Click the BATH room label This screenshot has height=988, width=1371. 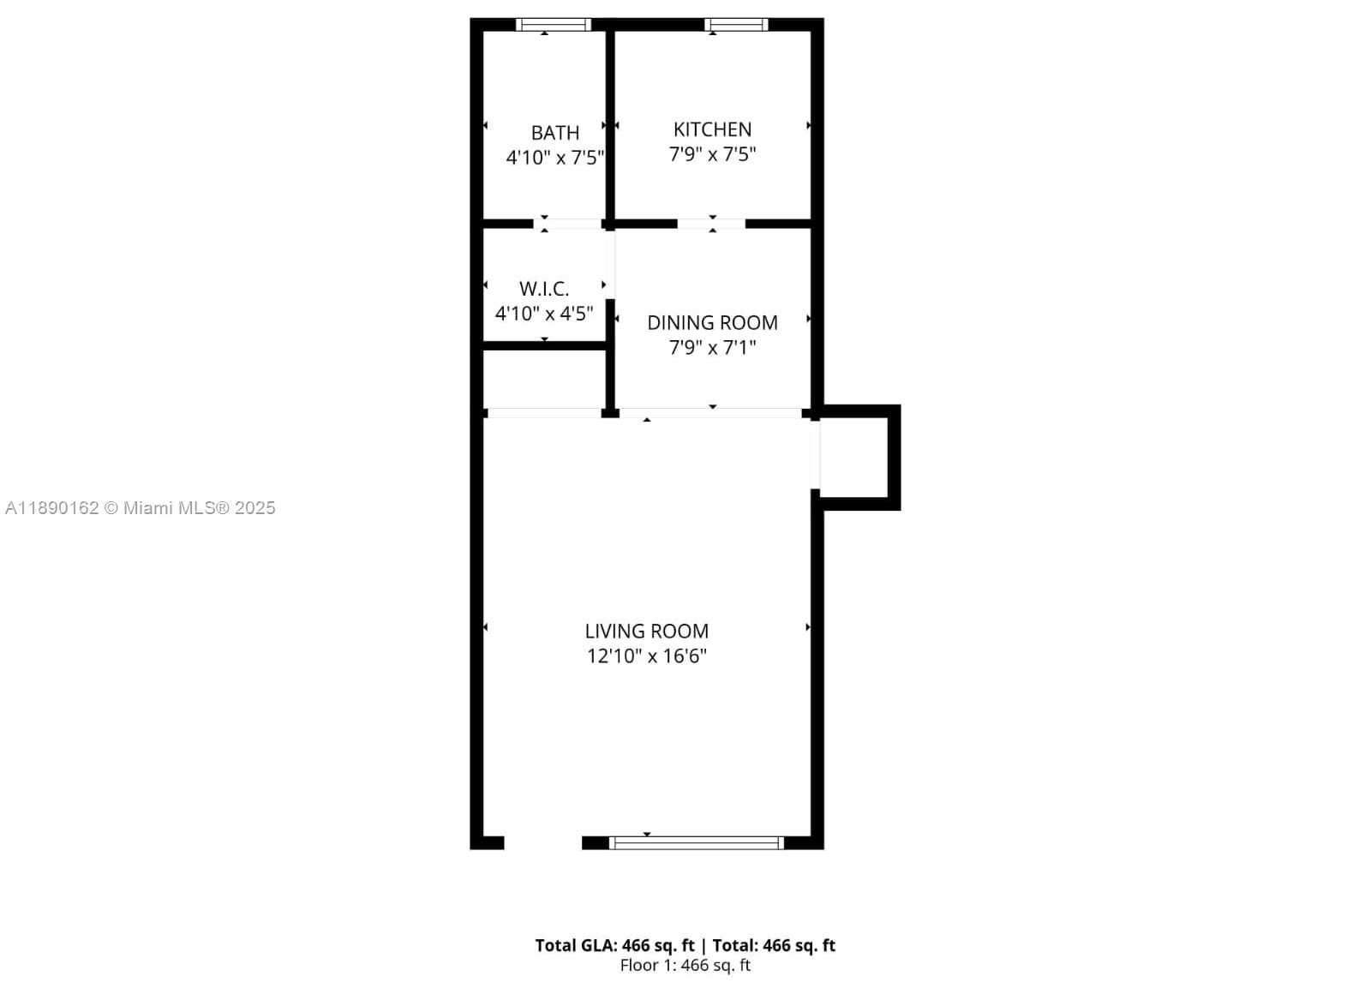554,133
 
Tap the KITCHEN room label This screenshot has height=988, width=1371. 712,129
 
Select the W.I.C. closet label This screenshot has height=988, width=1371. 544,288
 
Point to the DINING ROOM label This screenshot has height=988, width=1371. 712,322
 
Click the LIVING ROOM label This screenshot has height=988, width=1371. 646,632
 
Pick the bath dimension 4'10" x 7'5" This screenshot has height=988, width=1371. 554,158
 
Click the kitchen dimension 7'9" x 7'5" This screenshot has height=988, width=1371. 712,154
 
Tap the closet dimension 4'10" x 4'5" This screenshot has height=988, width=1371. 544,314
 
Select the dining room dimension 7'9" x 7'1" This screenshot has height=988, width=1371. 712,348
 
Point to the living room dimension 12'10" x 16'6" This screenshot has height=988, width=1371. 646,656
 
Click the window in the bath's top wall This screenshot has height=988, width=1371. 554,25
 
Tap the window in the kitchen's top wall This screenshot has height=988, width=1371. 736,25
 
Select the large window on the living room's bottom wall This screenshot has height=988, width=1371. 697,843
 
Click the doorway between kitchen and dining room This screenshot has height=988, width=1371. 711,224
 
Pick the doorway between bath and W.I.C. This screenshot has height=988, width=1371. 568,224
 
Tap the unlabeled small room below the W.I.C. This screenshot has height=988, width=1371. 544,380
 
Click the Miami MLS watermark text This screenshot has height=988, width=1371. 141,508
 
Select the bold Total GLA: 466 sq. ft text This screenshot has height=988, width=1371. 614,946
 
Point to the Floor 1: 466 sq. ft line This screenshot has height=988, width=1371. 685,966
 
